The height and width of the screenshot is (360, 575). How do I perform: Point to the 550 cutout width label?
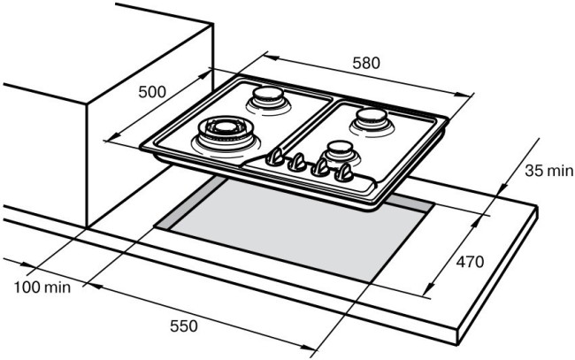click(x=183, y=326)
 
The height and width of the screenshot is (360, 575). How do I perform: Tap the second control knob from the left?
click(x=299, y=163)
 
